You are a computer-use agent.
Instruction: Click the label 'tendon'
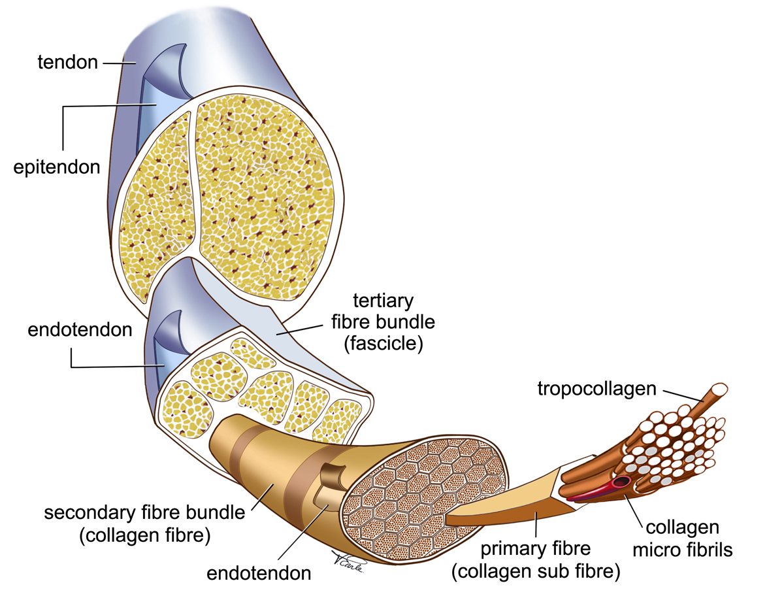click(x=68, y=63)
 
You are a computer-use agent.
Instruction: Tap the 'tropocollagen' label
click(x=596, y=390)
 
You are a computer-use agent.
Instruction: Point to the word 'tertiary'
click(x=384, y=301)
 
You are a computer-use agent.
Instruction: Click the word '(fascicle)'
click(x=384, y=344)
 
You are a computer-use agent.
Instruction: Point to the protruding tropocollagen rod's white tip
click(x=717, y=390)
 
